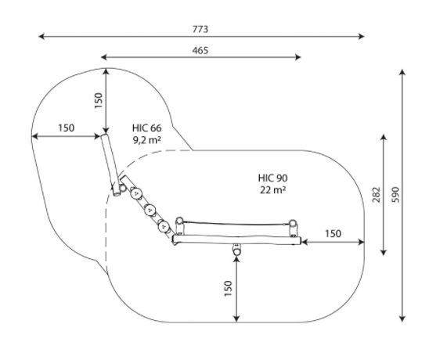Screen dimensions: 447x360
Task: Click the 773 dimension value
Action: [x=200, y=29]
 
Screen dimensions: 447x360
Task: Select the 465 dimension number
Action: [x=200, y=50]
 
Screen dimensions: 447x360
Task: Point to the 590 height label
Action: [x=395, y=195]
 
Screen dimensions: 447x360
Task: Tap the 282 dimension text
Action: [x=377, y=195]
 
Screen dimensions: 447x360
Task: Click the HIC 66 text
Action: [x=147, y=128]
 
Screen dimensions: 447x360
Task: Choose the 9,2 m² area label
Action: [x=147, y=139]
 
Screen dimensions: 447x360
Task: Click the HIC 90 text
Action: [x=272, y=178]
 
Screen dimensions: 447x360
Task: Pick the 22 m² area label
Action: [x=272, y=190]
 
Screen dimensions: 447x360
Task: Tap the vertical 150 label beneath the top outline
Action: [x=98, y=100]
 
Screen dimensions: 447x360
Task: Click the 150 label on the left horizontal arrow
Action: [x=66, y=128]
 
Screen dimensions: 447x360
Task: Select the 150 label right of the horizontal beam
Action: [x=333, y=234]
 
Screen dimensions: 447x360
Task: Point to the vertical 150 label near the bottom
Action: [x=228, y=289]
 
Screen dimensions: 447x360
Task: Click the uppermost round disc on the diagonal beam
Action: [x=136, y=194]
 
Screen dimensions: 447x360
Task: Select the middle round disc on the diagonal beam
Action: [x=150, y=211]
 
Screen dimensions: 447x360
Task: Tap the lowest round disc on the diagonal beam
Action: [x=164, y=227]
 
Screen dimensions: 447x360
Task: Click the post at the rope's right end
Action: [x=293, y=228]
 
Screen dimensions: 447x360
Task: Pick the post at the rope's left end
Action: [x=179, y=225]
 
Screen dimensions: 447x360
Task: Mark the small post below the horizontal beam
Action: [x=236, y=250]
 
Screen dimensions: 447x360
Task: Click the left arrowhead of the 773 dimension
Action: [x=41, y=37]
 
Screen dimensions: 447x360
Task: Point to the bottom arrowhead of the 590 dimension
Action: [x=402, y=319]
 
